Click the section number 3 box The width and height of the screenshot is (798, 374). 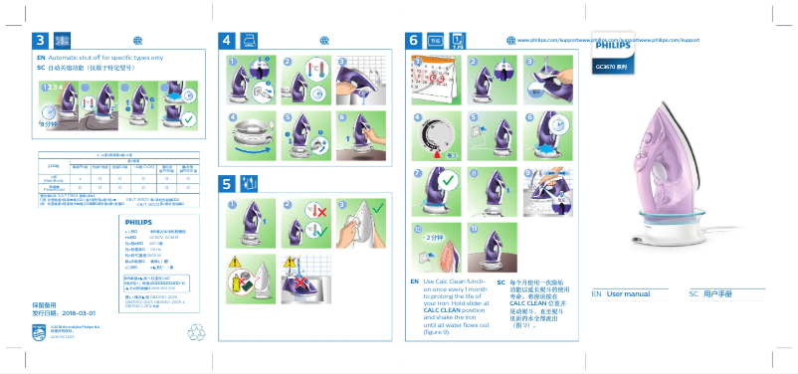40,41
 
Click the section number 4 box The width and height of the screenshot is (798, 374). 226,41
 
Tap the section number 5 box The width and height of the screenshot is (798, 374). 226,184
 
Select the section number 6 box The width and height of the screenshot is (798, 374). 413,41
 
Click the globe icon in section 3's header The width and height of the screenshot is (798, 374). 137,40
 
